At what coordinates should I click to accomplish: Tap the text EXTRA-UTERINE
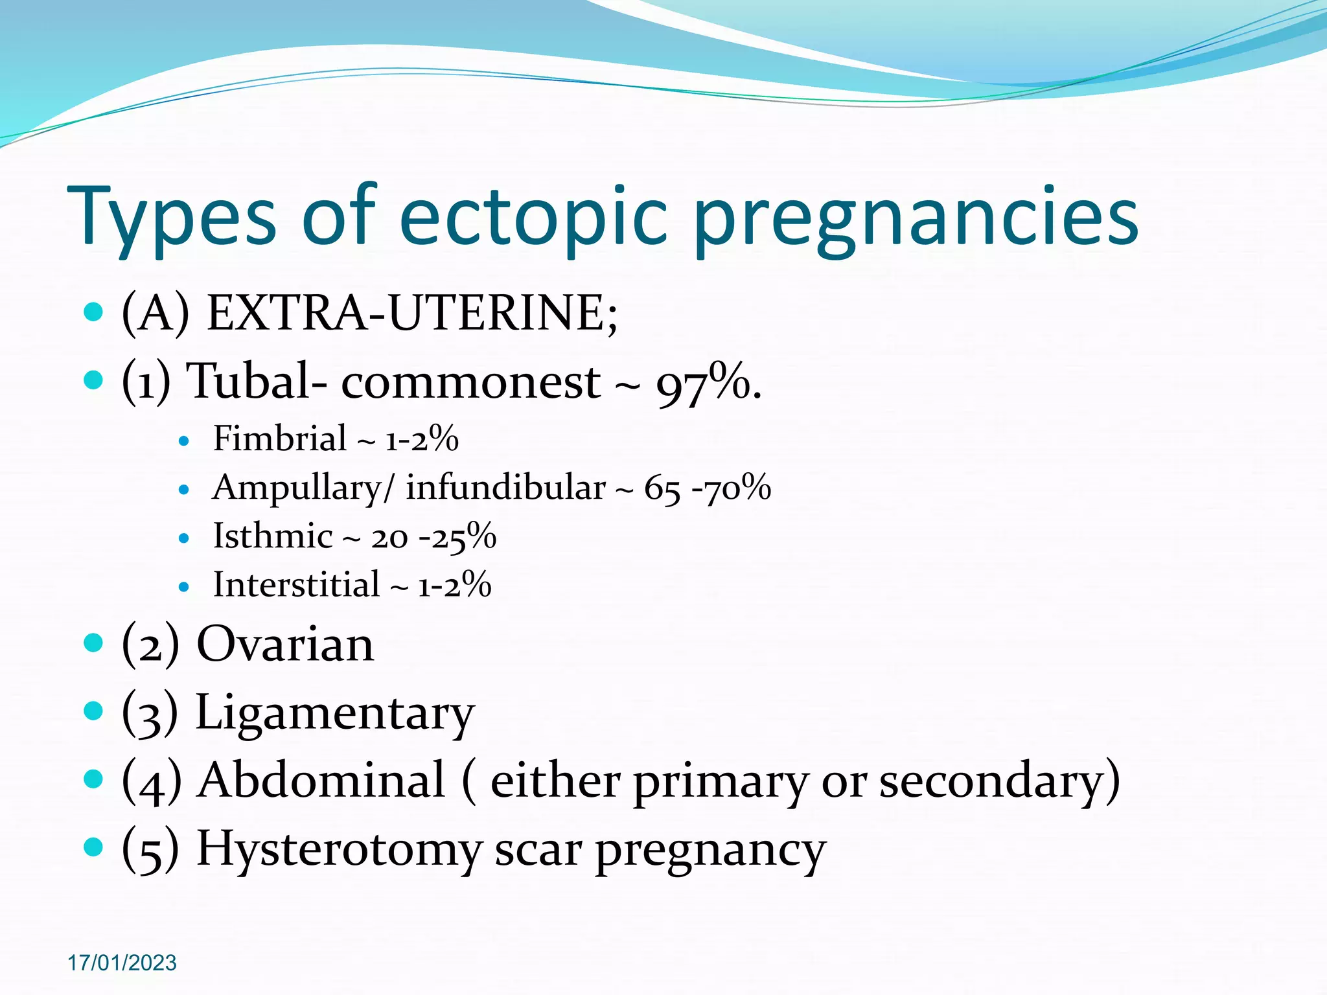pos(411,314)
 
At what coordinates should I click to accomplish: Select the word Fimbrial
pos(280,439)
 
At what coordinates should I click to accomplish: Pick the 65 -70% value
pos(707,488)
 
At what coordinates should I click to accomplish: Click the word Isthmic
pos(273,536)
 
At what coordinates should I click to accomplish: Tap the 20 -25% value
pos(433,537)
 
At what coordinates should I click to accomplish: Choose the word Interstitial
pos(296,585)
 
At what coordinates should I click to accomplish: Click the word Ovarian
pos(285,645)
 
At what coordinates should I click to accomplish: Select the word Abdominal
pos(322,781)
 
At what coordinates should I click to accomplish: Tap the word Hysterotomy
pos(339,849)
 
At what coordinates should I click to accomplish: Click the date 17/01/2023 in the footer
pos(122,963)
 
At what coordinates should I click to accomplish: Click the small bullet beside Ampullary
pos(184,490)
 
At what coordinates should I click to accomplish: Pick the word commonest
pos(470,382)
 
